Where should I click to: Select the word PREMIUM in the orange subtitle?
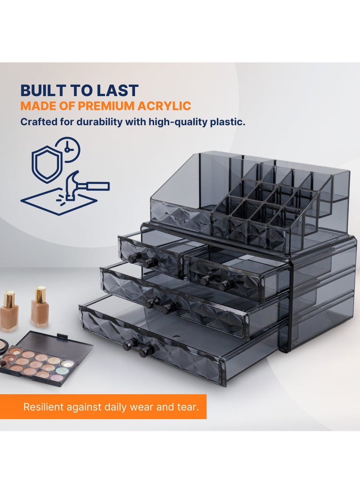point(106,106)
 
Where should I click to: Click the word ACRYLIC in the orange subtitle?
point(164,106)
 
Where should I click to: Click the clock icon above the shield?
point(67,149)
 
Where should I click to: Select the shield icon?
point(46,164)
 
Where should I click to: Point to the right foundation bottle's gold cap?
point(40,294)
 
